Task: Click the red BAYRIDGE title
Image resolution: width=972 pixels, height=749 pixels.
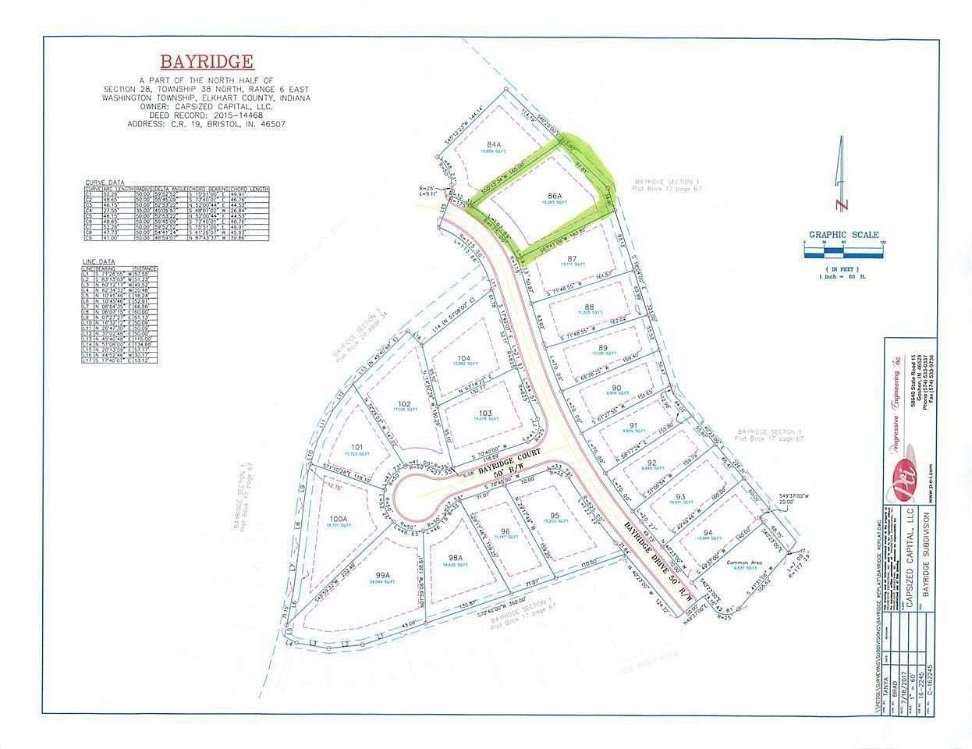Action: [207, 62]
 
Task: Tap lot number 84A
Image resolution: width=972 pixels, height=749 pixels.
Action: [492, 145]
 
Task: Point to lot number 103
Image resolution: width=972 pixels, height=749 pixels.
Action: [485, 413]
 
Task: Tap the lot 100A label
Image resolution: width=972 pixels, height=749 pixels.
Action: [337, 519]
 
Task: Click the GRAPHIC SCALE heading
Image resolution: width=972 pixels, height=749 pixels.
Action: [843, 235]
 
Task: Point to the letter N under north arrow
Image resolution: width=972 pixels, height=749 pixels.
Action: [839, 205]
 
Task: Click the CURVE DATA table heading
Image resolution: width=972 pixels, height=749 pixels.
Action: [105, 183]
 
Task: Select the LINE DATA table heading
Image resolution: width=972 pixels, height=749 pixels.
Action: [99, 263]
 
